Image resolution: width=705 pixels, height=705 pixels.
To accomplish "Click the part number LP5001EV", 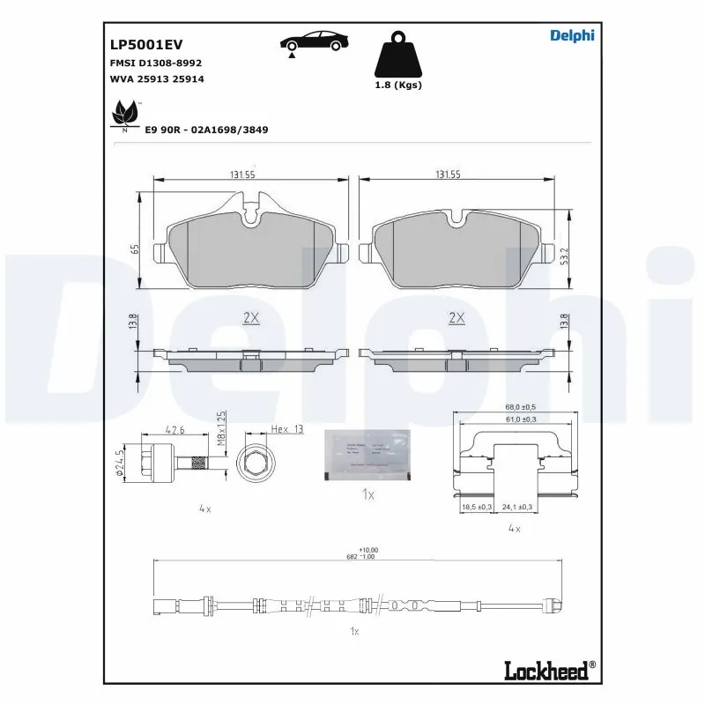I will click(145, 43).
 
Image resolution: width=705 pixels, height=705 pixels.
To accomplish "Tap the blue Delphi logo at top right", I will click(573, 35).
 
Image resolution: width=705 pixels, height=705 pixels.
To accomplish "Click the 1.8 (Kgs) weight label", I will click(398, 85).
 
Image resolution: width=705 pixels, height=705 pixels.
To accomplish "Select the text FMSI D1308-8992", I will click(156, 63).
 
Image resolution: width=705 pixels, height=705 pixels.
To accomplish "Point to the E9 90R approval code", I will click(207, 130).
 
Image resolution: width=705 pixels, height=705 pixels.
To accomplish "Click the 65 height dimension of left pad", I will click(135, 249).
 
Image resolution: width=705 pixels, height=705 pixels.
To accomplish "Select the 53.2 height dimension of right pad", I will click(564, 255).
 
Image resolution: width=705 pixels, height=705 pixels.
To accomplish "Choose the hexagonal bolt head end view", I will click(255, 461).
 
